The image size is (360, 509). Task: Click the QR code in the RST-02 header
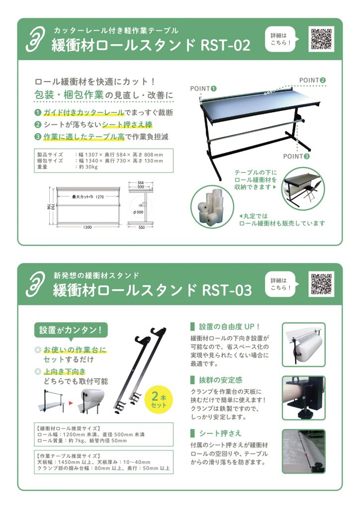[x=321, y=39]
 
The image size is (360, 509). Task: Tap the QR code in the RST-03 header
[x=321, y=284]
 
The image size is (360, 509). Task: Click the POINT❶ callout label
[x=203, y=88]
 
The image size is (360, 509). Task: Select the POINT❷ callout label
[x=312, y=80]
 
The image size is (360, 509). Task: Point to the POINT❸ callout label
[x=296, y=157]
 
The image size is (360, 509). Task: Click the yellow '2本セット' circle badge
[x=159, y=400]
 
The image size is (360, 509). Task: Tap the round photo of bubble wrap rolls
[x=212, y=207]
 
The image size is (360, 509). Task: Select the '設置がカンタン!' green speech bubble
[x=71, y=331]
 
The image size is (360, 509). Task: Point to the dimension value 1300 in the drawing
[x=88, y=227]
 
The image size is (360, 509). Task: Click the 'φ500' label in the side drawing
[x=138, y=212]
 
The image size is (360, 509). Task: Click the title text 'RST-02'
[x=226, y=45]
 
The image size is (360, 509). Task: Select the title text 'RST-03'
[x=227, y=290]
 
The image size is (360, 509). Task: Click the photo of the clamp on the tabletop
[x=303, y=398]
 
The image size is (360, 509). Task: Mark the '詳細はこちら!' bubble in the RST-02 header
[x=281, y=39]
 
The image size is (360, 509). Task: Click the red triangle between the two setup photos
[x=71, y=404]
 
